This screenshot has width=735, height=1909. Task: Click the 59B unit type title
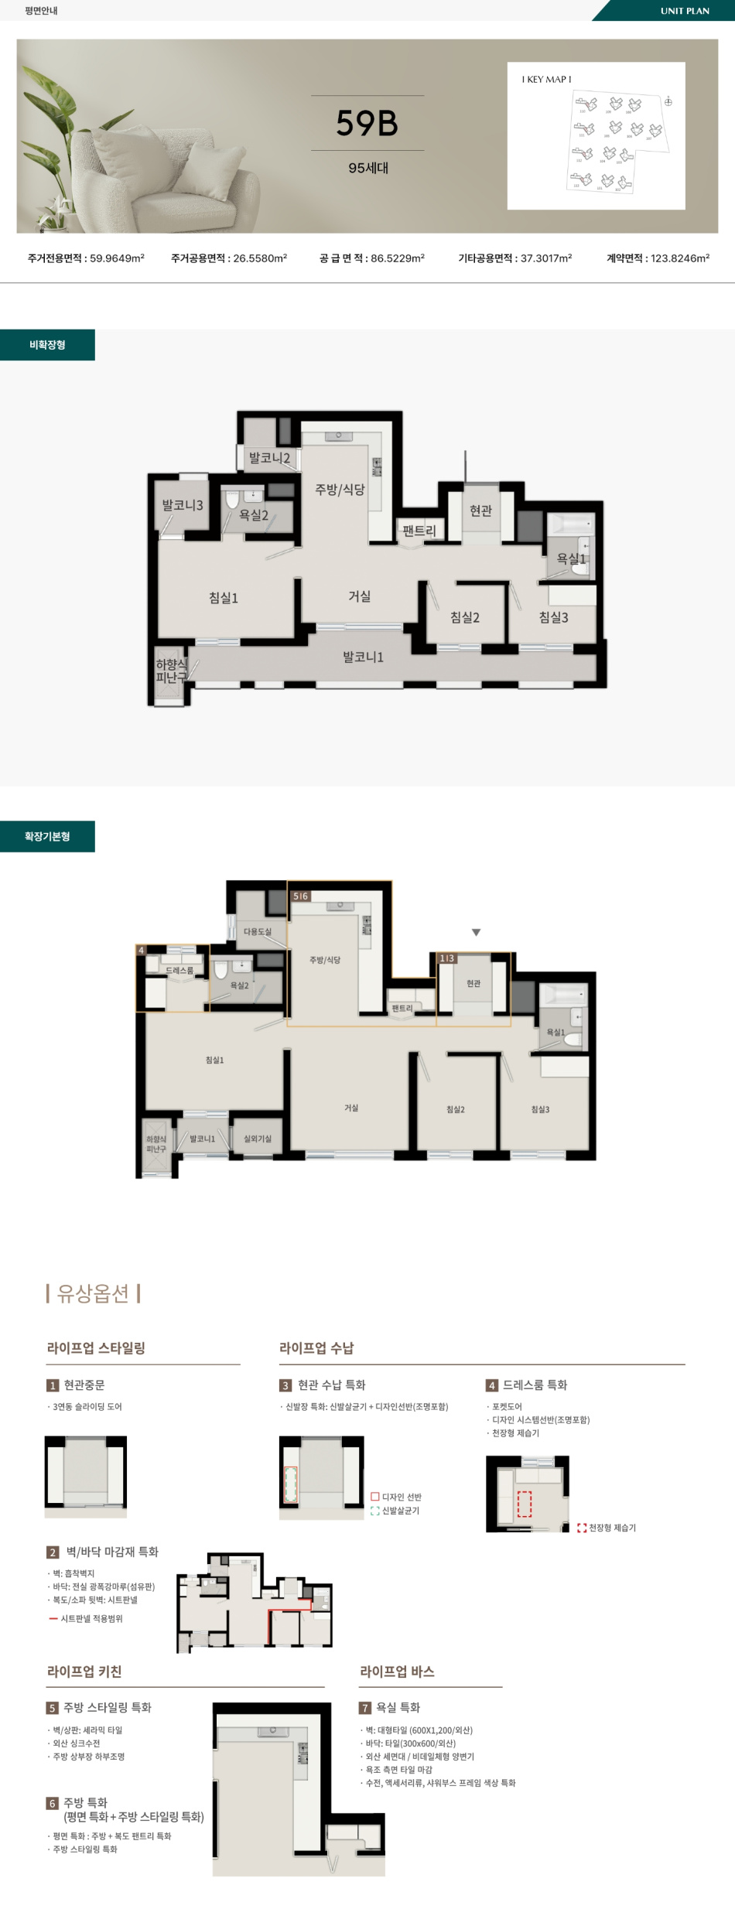pos(367,123)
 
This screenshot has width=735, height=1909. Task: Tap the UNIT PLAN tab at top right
pos(684,11)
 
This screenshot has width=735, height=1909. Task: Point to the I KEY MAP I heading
pos(546,80)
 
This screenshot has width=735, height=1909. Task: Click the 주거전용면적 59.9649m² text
pos(86,258)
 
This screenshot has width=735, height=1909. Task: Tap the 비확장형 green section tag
pos(47,345)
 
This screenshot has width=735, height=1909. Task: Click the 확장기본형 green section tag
pos(47,836)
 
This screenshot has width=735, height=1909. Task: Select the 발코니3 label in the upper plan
pos(182,505)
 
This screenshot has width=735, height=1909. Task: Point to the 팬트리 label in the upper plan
pos(419,531)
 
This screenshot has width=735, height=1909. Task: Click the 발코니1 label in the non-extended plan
pos(363,657)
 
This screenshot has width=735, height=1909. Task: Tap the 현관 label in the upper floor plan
pos(480,511)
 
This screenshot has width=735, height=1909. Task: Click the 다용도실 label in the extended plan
pos(258,931)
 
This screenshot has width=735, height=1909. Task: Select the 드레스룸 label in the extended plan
pos(179,970)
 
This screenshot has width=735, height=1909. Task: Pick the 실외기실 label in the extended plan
pos(258,1139)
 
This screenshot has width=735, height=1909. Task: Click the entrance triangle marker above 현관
pos(476,932)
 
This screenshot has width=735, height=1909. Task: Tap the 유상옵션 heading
pos(94,1293)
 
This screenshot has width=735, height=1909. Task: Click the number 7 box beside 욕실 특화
pos(365,1708)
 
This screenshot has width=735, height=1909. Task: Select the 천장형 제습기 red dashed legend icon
pos(582,1528)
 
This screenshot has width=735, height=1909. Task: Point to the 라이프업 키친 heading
pos(84,1672)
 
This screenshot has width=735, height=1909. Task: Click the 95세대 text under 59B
pos(368,168)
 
